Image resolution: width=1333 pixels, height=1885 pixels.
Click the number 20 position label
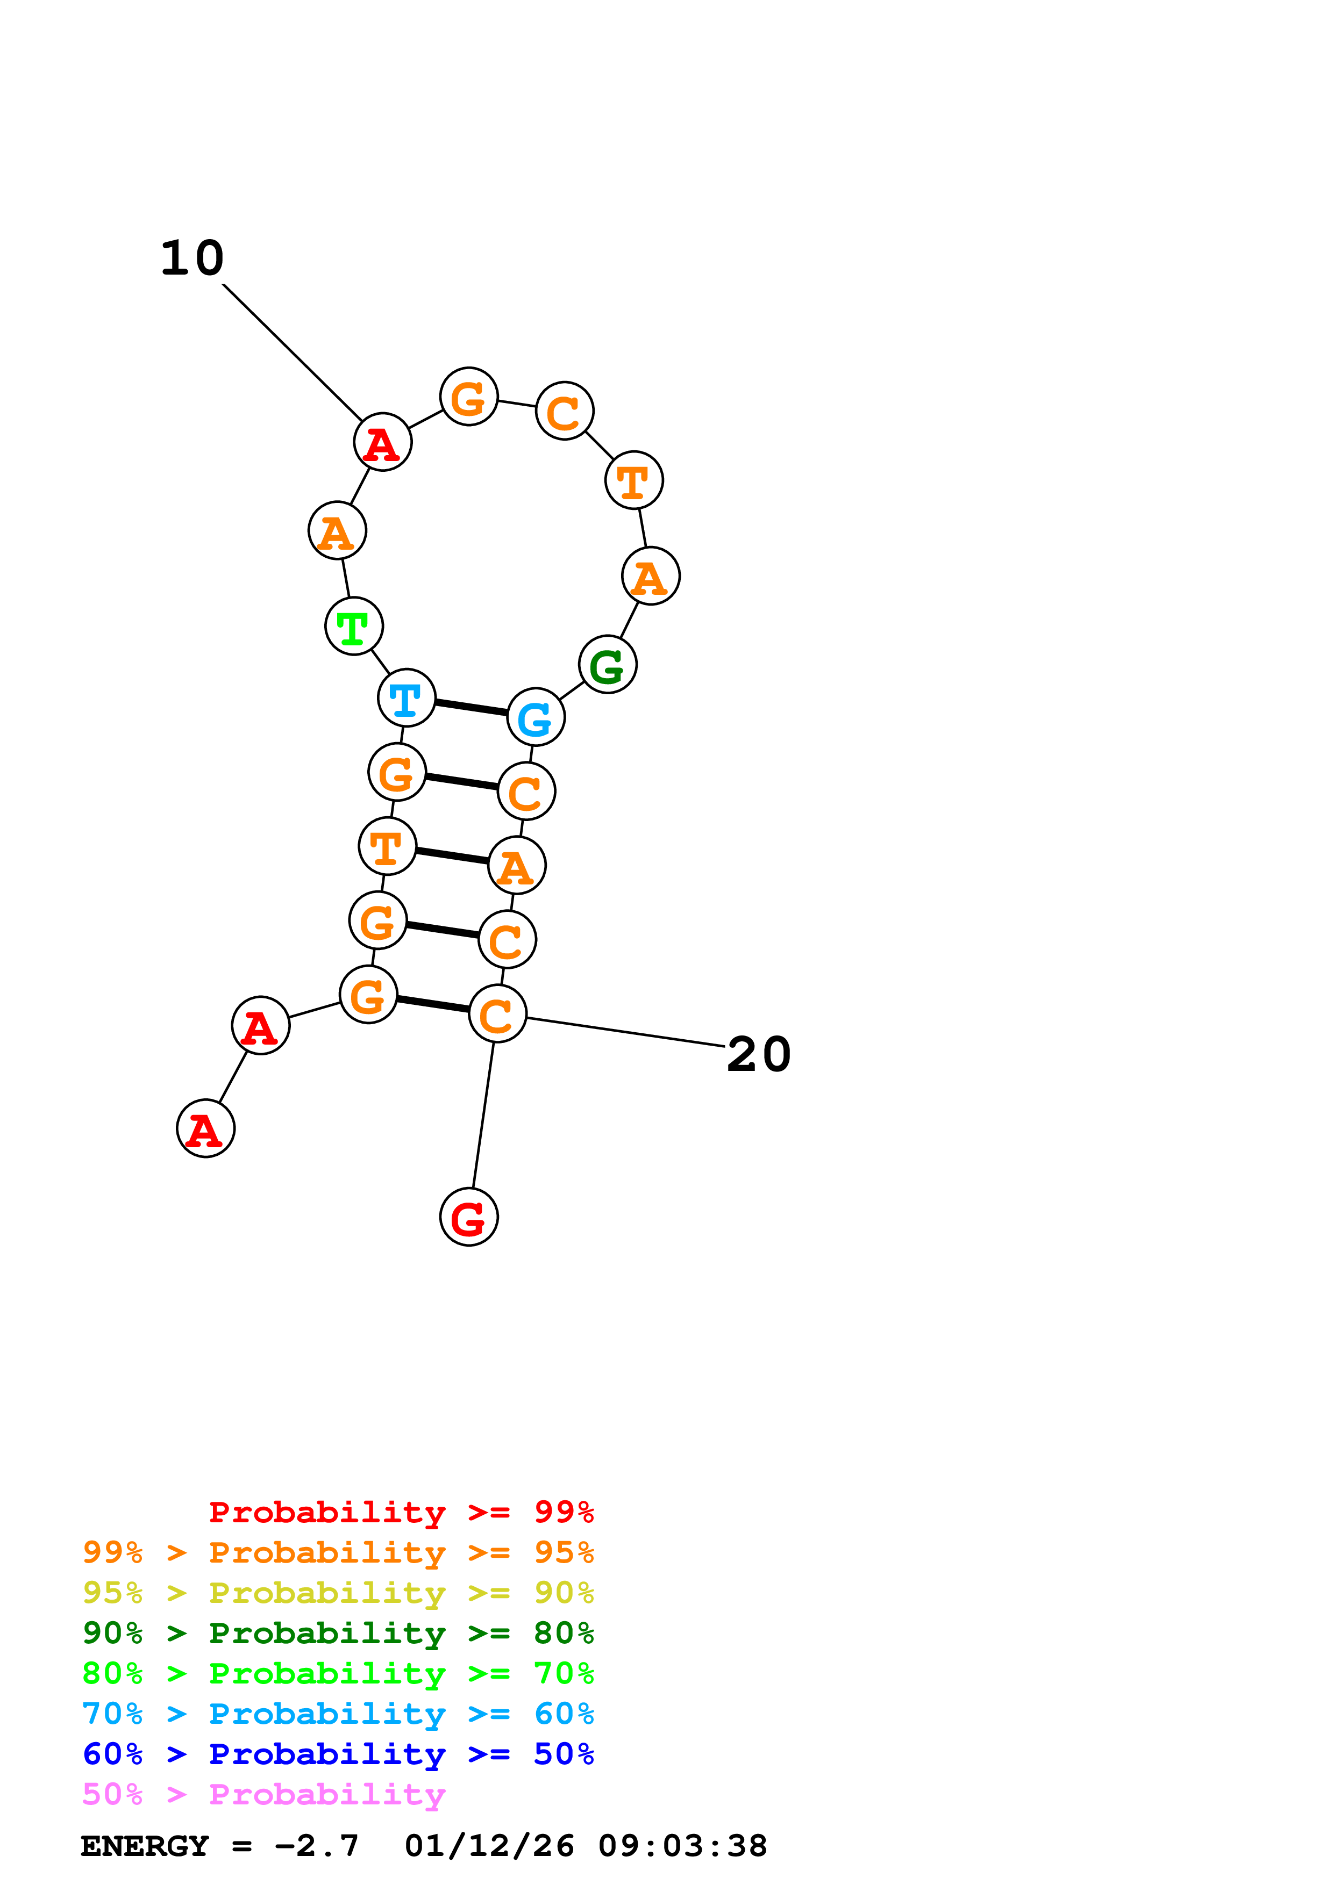(758, 1054)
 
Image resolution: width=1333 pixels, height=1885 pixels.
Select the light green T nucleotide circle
(354, 627)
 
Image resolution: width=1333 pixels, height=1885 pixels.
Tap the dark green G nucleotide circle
(608, 664)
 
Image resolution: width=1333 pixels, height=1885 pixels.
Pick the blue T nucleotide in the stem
(407, 698)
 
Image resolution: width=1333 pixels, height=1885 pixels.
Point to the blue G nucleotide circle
(536, 717)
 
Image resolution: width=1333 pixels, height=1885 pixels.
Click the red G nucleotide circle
(469, 1217)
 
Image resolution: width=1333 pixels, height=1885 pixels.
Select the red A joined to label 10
(383, 442)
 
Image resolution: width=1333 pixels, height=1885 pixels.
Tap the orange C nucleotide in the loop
(564, 411)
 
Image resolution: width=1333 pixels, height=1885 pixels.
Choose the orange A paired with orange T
(517, 865)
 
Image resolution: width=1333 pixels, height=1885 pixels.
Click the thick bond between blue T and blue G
(472, 708)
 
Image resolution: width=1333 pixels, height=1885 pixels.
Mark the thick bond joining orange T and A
(452, 855)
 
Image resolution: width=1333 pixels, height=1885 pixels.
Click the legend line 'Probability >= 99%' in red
(401, 1512)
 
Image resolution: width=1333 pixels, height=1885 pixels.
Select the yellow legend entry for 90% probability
(338, 1593)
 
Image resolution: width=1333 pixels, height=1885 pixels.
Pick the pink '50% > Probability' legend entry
(263, 1795)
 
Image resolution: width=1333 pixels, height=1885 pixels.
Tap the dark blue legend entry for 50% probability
(338, 1754)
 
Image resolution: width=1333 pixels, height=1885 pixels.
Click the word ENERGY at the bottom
(145, 1846)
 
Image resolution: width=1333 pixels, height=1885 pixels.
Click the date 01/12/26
(489, 1846)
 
